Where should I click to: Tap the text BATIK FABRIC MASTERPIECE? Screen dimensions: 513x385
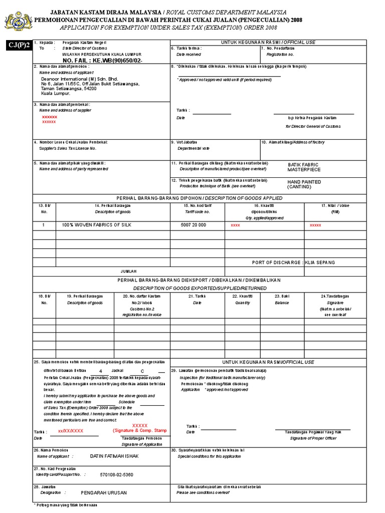[303, 167]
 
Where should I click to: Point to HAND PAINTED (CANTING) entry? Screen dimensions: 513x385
[304, 184]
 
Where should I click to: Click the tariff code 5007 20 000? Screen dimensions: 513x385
[193, 225]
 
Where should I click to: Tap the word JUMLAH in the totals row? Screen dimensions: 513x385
[128, 271]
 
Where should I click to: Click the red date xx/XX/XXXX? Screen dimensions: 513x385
[71, 431]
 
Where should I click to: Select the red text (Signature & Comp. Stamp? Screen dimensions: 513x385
[139, 430]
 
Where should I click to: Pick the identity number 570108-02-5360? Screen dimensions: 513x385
[117, 474]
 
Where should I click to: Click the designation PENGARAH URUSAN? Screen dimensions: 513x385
[104, 492]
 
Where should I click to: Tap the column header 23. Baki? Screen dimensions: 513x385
[281, 297]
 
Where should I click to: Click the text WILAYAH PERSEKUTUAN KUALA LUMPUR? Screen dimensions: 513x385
[102, 54]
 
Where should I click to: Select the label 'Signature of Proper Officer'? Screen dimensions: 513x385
[312, 438]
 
